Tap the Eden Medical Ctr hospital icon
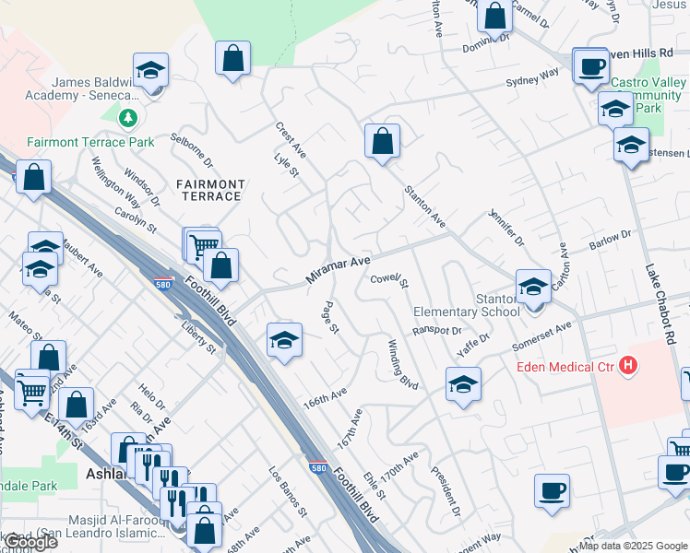point(628,366)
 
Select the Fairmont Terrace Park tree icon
point(128,118)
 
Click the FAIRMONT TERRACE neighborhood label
point(212,191)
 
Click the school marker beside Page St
point(285,340)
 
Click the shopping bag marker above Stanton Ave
point(382,142)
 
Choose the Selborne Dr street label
point(192,151)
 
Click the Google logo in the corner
point(30,543)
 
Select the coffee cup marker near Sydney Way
point(590,66)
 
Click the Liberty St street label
point(198,337)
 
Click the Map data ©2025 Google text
point(633,546)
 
